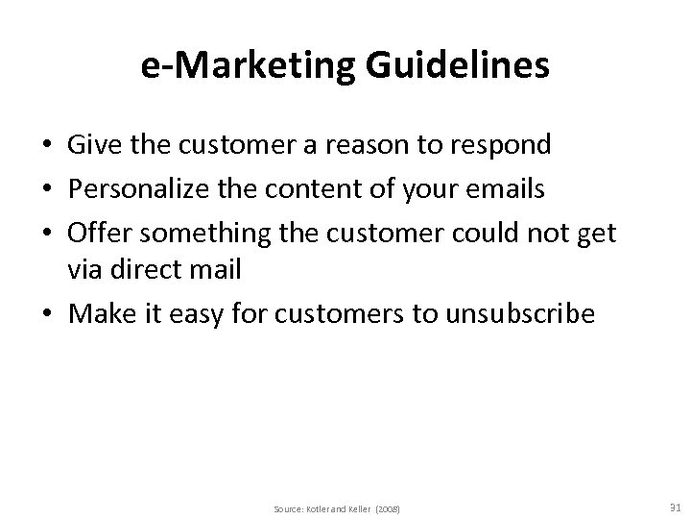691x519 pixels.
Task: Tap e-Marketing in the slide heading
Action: [250, 66]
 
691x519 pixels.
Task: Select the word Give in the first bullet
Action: [91, 145]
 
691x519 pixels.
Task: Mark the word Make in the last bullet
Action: [96, 314]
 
